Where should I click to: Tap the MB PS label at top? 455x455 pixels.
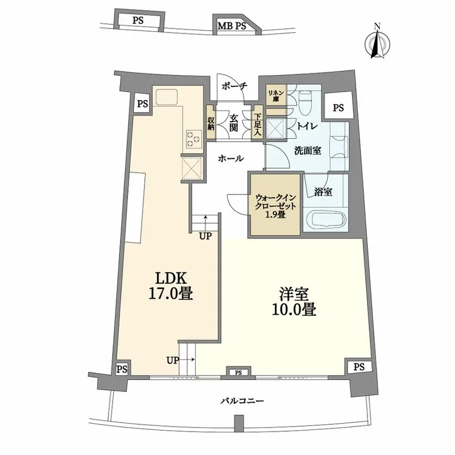point(232,26)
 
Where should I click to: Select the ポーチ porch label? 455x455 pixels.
point(234,86)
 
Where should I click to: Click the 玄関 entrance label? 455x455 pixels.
point(234,123)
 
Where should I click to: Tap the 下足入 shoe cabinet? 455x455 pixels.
point(258,123)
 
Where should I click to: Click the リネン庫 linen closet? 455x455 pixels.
point(276,95)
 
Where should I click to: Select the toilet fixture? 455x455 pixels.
point(305,102)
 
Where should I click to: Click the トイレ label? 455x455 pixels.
point(307,126)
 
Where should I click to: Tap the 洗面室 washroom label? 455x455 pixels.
point(308,151)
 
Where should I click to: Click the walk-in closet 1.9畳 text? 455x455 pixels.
point(275,206)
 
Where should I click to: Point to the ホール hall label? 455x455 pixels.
point(231,159)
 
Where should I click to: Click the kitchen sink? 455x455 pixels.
point(166,97)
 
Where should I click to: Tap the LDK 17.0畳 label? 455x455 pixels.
point(170,286)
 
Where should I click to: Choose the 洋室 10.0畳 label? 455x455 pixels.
point(293,302)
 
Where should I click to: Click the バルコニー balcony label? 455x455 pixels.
point(242,401)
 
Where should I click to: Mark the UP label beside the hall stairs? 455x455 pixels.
point(206,237)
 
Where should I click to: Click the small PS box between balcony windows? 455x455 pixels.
point(238,373)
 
